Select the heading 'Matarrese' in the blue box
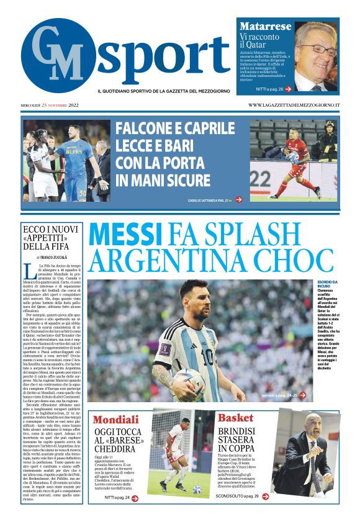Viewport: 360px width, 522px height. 265,27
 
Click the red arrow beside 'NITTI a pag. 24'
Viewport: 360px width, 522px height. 135,497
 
